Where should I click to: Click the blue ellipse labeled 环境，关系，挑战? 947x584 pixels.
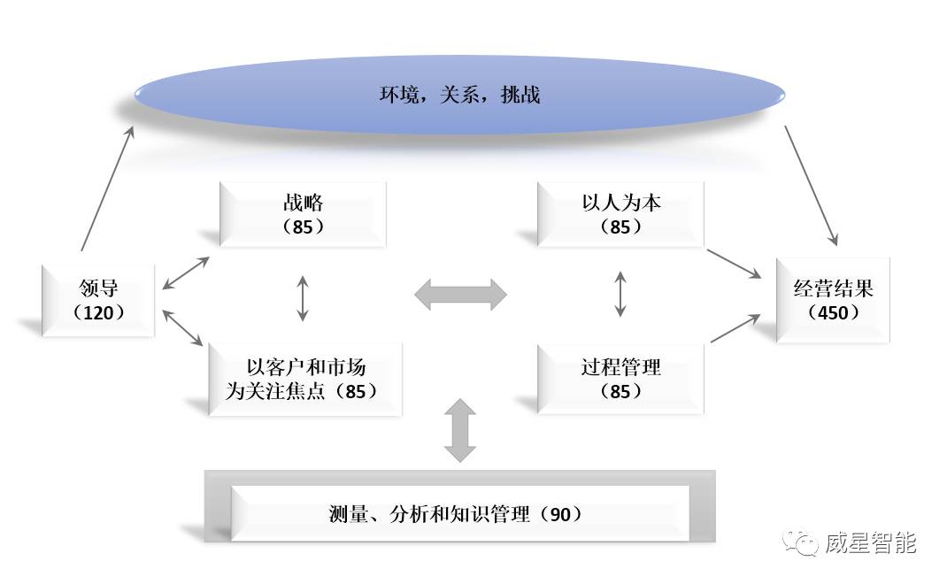(459, 95)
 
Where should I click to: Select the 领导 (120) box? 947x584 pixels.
(98, 300)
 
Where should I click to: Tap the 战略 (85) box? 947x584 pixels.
(303, 214)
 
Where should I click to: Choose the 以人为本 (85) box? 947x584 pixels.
(620, 214)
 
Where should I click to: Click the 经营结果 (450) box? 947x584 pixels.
(833, 300)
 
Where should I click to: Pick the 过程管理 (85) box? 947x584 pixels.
(620, 379)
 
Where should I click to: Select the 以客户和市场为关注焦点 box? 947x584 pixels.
(305, 379)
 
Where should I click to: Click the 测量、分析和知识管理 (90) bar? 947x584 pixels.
(459, 513)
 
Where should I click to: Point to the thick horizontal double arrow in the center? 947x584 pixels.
(460, 295)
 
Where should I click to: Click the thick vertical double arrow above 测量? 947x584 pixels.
(460, 430)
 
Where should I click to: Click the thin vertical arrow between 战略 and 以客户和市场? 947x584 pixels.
(303, 298)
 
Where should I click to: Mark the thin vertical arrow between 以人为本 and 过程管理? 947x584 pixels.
(620, 294)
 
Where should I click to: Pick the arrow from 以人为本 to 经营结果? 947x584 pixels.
(734, 264)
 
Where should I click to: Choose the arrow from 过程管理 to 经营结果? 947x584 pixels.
(735, 327)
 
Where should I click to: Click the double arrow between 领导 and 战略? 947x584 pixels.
(185, 273)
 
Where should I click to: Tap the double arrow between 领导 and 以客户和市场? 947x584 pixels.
(183, 327)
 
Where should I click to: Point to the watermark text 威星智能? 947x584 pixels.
(870, 542)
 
